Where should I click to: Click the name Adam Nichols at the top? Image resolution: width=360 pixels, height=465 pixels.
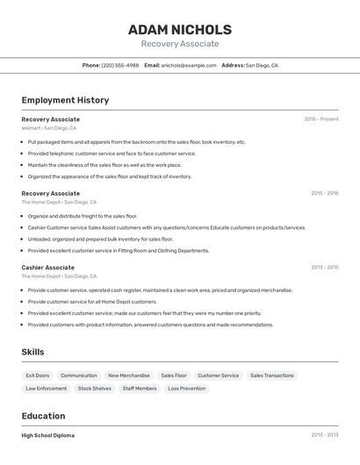point(180,30)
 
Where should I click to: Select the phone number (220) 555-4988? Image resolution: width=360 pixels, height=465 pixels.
point(119,66)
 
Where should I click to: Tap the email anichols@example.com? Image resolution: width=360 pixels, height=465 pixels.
point(189,66)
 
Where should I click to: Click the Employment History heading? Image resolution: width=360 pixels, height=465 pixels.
point(65,100)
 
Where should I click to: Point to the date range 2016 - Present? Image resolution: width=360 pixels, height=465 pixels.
point(321,119)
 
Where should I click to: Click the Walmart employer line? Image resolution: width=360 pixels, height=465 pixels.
point(49,128)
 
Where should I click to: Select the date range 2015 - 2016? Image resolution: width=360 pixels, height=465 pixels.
point(324,193)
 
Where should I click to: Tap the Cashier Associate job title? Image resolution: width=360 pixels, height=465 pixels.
point(48,268)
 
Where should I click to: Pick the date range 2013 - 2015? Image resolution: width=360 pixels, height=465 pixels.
point(324,268)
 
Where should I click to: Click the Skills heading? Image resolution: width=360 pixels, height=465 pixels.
point(33,352)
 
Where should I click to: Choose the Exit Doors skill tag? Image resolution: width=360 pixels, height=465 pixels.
point(38,376)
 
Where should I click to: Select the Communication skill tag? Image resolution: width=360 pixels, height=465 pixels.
point(79,376)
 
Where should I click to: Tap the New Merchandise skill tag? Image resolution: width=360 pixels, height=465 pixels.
point(129,376)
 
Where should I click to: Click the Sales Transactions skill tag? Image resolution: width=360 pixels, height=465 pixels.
point(272,376)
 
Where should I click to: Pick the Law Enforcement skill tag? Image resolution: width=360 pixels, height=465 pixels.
point(47,388)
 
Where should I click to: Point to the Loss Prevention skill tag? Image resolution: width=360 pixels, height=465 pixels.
point(186,388)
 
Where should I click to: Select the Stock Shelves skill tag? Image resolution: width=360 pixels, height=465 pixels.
point(95,388)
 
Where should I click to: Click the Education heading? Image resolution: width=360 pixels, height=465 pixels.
point(43,416)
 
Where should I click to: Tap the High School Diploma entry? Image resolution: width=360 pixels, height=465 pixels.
point(48,435)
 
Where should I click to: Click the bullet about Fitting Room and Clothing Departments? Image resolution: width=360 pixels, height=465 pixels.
point(119,250)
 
